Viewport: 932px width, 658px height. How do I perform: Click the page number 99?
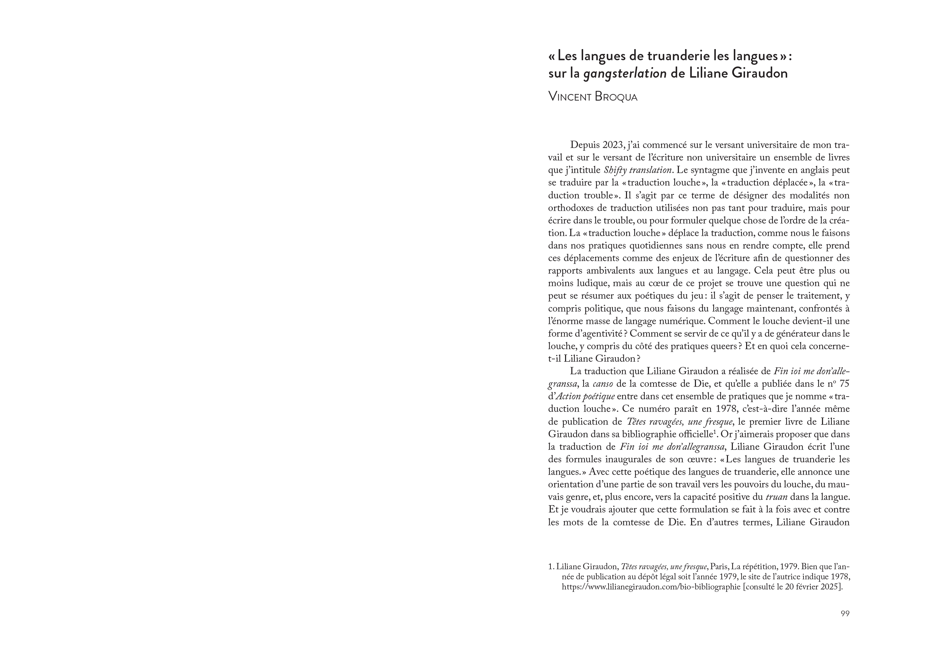tap(845, 614)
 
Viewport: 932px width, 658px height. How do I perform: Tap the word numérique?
tap(683, 321)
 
